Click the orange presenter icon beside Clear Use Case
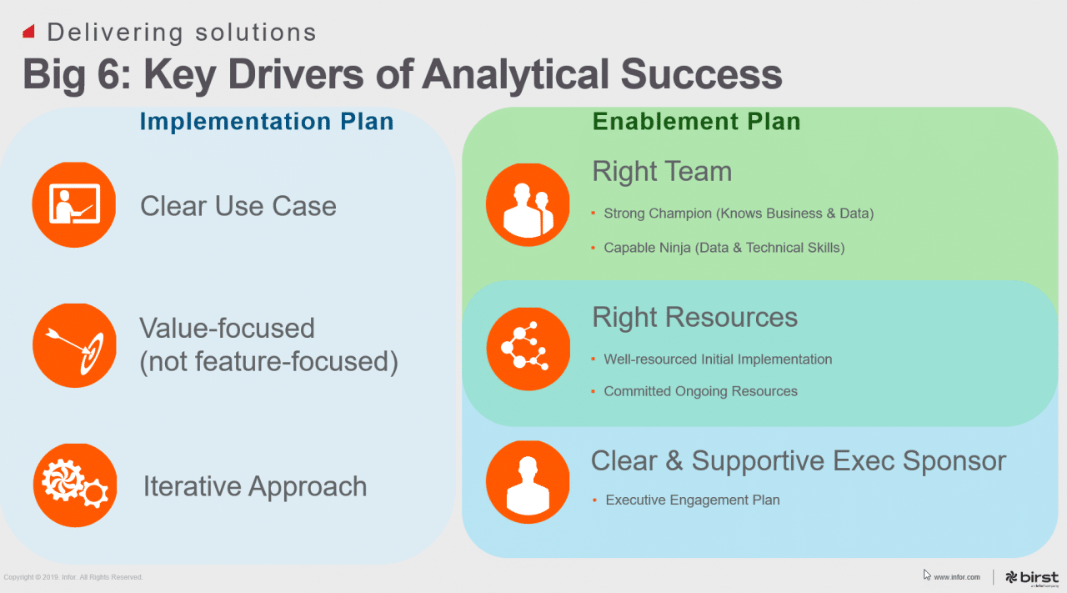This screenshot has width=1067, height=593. click(74, 204)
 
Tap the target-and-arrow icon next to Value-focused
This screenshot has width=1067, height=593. click(74, 345)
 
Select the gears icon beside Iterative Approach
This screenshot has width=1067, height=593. click(74, 485)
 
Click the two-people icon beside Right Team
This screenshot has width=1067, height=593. click(528, 204)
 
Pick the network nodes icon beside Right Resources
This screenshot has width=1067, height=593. click(528, 349)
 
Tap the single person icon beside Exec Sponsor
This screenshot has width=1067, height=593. click(528, 482)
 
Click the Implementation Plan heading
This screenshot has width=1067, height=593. click(266, 122)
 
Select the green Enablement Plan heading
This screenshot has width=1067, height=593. click(696, 122)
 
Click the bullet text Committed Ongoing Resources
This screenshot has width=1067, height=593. click(700, 391)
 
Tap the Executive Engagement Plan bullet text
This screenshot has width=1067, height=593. click(692, 500)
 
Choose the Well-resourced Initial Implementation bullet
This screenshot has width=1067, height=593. click(718, 359)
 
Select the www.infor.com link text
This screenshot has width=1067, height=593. click(957, 577)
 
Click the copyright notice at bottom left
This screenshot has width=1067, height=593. click(73, 577)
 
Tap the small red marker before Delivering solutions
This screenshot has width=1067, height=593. click(28, 32)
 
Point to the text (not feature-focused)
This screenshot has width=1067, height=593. click(268, 362)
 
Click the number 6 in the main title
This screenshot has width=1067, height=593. click(113, 73)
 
